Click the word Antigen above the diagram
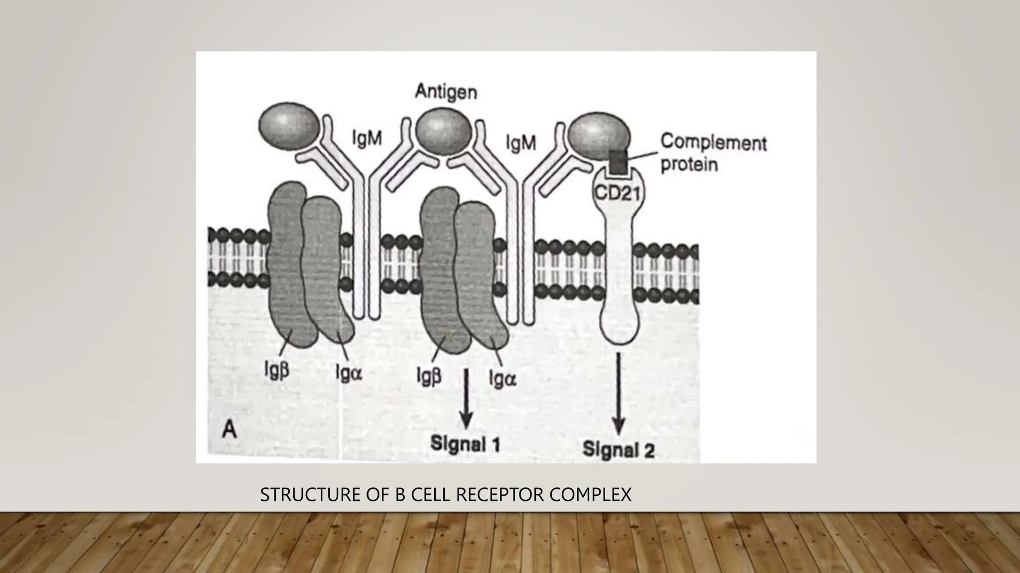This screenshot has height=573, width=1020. (x=446, y=92)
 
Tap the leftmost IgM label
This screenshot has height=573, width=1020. (x=367, y=139)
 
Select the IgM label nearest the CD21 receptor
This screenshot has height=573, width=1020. (x=520, y=143)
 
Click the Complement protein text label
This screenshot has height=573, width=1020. (x=713, y=153)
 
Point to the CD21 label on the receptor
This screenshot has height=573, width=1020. (x=617, y=192)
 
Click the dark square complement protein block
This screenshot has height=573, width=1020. (x=618, y=163)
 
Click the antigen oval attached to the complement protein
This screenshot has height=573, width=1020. (x=598, y=137)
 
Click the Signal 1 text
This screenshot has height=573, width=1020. (x=465, y=444)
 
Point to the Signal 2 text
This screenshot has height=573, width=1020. (x=619, y=450)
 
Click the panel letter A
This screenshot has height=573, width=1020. (x=229, y=429)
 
